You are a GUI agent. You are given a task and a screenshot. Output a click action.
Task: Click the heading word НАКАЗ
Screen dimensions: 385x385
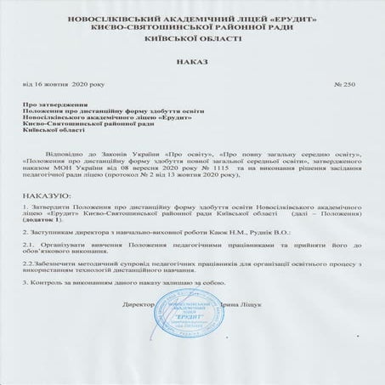coord(191,62)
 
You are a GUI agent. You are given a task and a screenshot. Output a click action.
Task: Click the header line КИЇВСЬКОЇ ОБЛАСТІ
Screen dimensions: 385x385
coord(191,38)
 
